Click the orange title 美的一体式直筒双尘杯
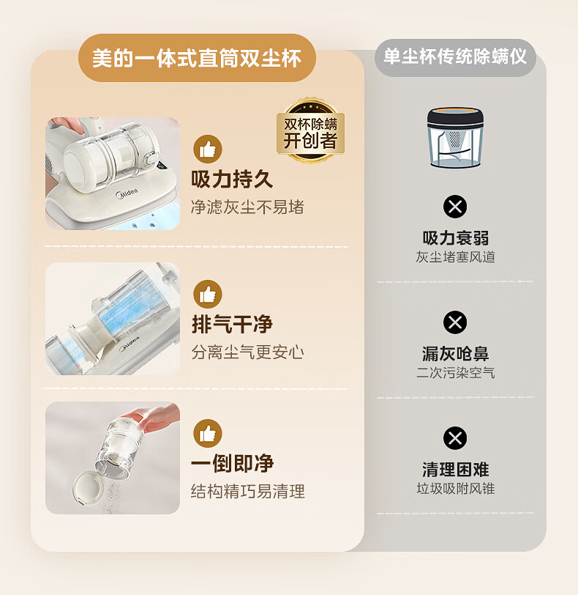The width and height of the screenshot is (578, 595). (197, 59)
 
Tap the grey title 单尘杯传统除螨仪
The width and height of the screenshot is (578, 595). (455, 57)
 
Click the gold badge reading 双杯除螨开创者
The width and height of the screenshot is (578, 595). (310, 131)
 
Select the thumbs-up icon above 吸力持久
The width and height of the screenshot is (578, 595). (208, 149)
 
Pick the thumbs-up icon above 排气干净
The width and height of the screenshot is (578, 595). (208, 294)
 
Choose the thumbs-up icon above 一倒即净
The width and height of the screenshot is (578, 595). (208, 433)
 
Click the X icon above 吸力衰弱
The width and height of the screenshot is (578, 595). (455, 207)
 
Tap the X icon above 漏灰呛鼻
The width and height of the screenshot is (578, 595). (455, 322)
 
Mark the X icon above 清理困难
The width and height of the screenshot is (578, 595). (455, 438)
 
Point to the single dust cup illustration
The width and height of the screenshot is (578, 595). (455, 138)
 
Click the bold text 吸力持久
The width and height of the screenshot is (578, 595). (232, 179)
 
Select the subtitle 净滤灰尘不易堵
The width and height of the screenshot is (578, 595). (247, 207)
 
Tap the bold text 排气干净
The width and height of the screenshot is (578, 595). (232, 325)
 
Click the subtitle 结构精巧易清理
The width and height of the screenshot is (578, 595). (248, 492)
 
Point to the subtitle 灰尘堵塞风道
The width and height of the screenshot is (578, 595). (455, 257)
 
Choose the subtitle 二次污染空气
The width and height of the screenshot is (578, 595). (455, 373)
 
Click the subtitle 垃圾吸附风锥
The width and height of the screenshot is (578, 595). (456, 488)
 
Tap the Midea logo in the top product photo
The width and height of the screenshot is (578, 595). (127, 193)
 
